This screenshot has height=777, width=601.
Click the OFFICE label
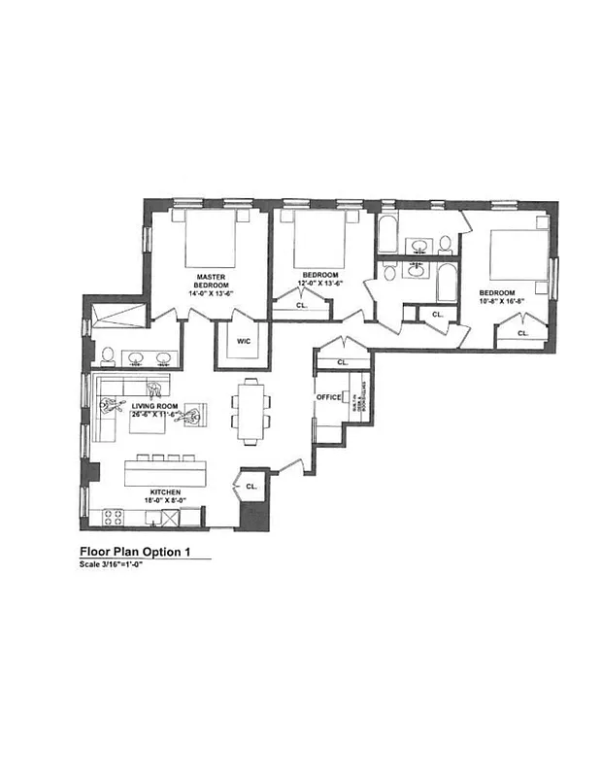pyautogui.click(x=328, y=396)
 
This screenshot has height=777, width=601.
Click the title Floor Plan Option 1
pyautogui.click(x=137, y=551)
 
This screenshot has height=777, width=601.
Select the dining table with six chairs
pyautogui.click(x=251, y=410)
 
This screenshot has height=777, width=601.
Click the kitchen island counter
pyautogui.click(x=167, y=473)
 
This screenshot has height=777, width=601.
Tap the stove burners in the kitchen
pyautogui.click(x=113, y=515)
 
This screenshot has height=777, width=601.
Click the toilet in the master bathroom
pyautogui.click(x=107, y=354)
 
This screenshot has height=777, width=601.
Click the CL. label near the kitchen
pyautogui.click(x=251, y=485)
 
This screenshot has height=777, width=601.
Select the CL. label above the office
pyautogui.click(x=342, y=361)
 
